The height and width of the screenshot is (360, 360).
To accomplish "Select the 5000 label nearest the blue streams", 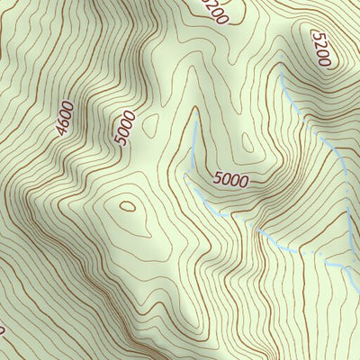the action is click(231, 178).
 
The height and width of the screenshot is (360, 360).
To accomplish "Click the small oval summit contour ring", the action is click(127, 206).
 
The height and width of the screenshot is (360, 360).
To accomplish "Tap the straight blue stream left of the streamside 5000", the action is click(193, 144).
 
